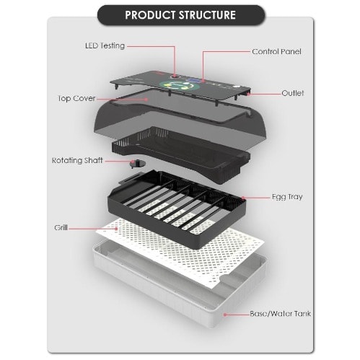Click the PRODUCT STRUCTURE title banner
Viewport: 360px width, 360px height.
point(181,15)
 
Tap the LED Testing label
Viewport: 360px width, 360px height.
point(105,45)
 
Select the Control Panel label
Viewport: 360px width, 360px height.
point(276,51)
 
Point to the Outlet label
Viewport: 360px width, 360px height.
point(293,93)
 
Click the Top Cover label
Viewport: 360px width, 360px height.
point(76,98)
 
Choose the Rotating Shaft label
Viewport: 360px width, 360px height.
point(77,160)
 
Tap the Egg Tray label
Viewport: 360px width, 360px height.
point(287,197)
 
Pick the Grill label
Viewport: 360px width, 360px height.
point(61,227)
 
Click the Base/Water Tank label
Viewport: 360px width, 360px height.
point(280,314)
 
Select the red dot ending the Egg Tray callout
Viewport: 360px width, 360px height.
point(243,198)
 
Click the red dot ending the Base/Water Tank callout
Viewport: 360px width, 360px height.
point(225,315)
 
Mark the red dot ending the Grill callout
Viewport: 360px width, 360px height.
point(117,229)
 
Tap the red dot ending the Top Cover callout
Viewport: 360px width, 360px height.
point(146,99)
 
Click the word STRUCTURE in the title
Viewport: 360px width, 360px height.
point(207,15)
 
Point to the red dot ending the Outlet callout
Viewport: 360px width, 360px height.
point(248,94)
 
